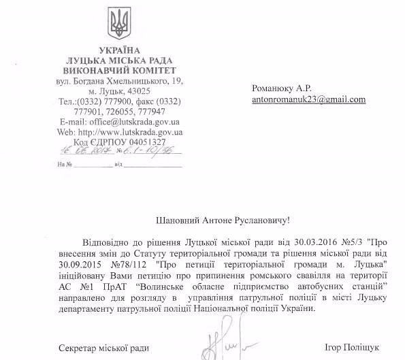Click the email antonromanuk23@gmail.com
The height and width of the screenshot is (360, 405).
coord(308,99)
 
